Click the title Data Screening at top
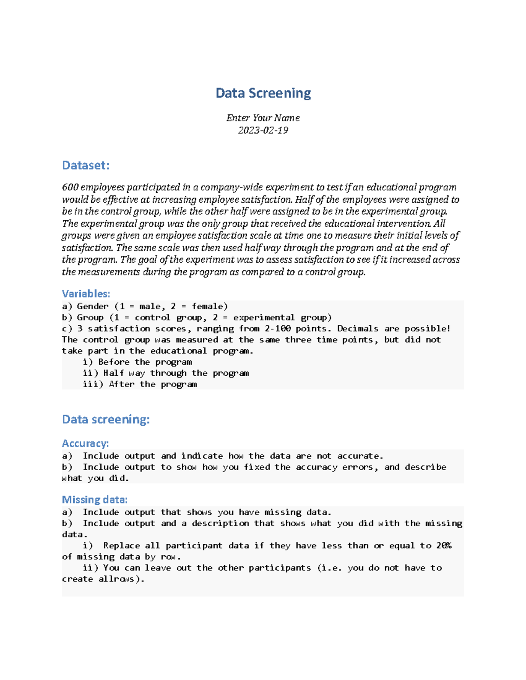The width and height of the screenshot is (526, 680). coord(263,93)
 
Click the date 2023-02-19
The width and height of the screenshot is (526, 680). coord(263,130)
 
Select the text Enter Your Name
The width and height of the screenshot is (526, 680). coord(263,118)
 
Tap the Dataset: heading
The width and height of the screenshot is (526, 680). coord(85,166)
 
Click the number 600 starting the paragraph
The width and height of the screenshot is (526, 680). coord(70,187)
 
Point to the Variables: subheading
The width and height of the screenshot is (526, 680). coord(86,294)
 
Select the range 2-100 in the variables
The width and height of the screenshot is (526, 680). coord(277,329)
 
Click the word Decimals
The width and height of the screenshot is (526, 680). coord(358,329)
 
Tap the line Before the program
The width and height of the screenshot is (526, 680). coord(145,362)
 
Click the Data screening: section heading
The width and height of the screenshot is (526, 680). coord(106,419)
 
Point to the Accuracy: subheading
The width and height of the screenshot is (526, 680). coord(85,444)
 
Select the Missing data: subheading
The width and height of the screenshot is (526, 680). coord(95,500)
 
